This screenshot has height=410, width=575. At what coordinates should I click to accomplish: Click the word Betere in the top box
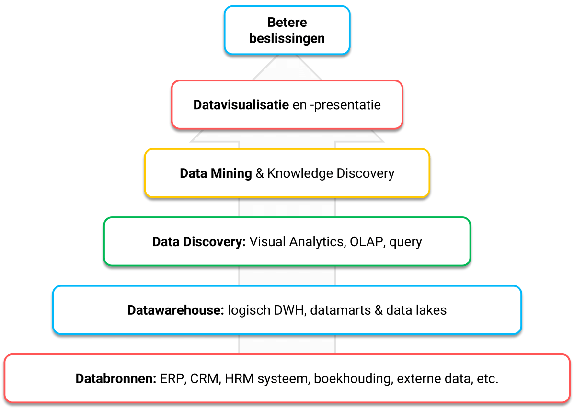coord(287,23)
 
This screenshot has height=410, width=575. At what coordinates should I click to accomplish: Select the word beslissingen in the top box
coord(287,38)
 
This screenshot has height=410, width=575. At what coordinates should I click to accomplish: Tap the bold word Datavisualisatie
coord(241,105)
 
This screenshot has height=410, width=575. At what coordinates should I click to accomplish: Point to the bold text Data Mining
coord(216,173)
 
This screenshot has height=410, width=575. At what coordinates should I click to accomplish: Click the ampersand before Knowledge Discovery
coord(260,173)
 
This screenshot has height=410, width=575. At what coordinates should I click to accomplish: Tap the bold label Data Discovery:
coord(199,242)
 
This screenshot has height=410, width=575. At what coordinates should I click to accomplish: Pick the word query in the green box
coord(406,242)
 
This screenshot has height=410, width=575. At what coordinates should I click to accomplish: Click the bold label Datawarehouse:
coord(176,310)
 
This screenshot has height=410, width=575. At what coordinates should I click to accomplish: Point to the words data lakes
coord(416,310)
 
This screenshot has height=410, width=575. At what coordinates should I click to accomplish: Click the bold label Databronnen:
coord(116,379)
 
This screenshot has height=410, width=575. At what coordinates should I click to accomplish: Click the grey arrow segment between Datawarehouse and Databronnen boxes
coord(287,344)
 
